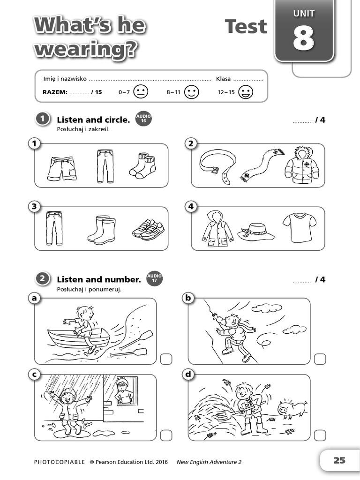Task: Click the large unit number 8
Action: (303, 38)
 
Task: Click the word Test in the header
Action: (246, 27)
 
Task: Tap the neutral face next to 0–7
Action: (141, 92)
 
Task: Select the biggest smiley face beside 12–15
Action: (245, 92)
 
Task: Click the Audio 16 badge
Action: (143, 120)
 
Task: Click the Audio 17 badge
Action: (154, 279)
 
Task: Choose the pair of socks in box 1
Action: (142, 165)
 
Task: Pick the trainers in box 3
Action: (148, 229)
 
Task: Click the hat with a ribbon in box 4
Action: (256, 231)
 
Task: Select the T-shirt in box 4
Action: (299, 228)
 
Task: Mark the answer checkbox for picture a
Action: (166, 359)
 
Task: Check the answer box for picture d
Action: (320, 435)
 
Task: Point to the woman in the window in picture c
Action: (123, 390)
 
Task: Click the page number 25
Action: (339, 460)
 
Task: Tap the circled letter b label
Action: (187, 298)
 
